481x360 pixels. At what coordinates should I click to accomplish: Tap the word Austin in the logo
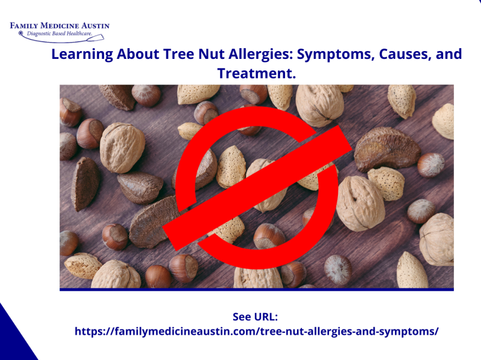[x=93, y=26]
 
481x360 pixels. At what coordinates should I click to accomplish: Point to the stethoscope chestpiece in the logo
[x=21, y=34]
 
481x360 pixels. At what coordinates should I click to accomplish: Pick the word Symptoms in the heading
[x=330, y=54]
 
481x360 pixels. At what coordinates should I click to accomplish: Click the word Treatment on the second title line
[x=256, y=73]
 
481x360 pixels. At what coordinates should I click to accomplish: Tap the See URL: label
[x=256, y=317]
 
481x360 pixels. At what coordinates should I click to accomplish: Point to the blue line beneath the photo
[x=256, y=290]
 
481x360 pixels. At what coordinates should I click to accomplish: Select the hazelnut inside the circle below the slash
[x=268, y=236]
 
